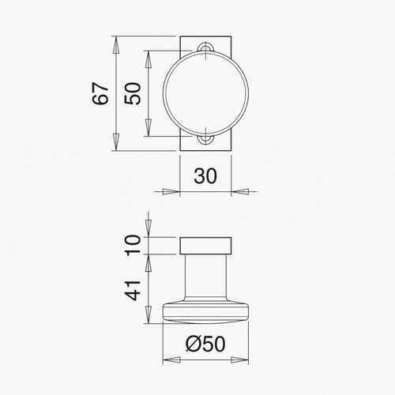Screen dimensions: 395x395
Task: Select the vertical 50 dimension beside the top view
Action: coord(134,94)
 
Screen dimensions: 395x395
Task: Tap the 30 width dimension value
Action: coord(205,175)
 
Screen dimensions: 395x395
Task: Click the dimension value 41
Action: coord(134,289)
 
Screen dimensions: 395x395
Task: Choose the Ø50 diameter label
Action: coord(205,344)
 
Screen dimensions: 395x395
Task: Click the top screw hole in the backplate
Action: coord(205,48)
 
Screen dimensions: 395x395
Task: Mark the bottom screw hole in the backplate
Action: coord(205,140)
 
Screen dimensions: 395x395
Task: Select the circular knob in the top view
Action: coord(205,94)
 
